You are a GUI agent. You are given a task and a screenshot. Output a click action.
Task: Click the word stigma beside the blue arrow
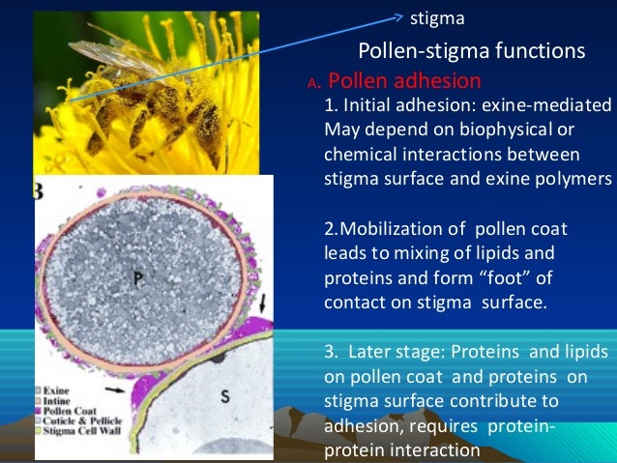point(437,17)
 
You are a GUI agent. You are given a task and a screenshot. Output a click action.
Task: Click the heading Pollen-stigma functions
point(471,50)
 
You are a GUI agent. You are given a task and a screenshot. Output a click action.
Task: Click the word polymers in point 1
point(580,179)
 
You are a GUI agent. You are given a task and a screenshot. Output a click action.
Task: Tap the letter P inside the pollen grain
point(138,275)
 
